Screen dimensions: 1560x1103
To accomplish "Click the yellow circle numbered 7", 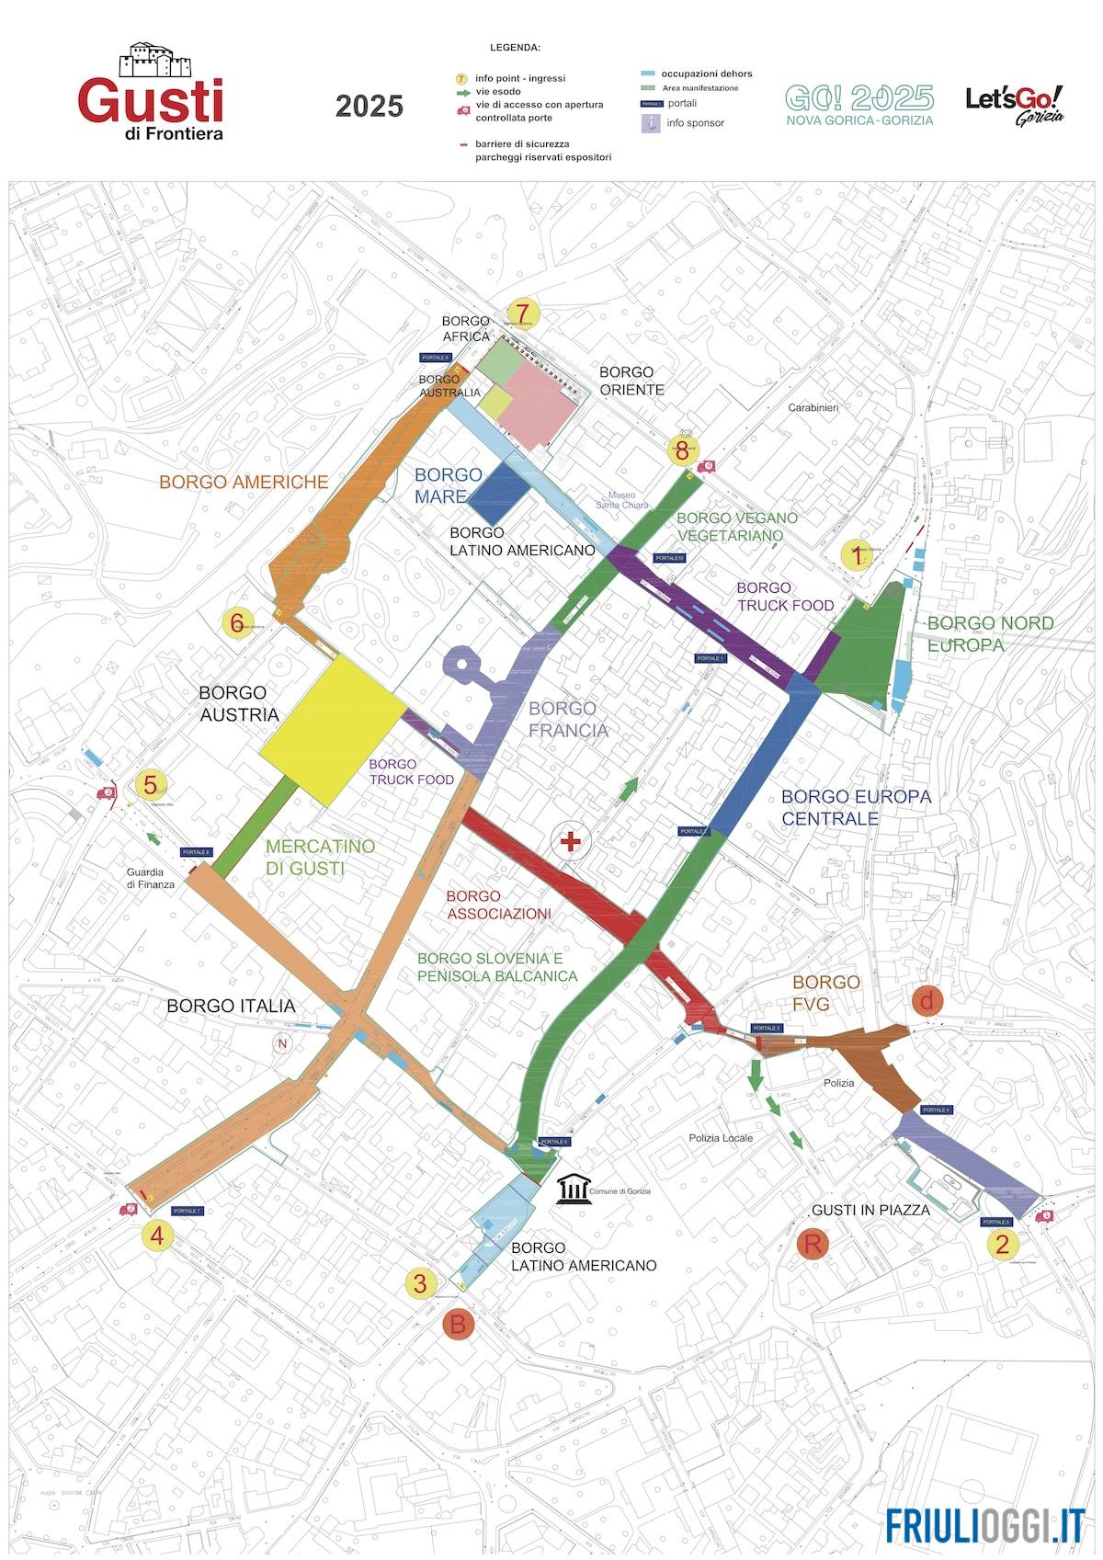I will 523,313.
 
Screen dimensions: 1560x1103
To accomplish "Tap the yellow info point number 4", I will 157,1235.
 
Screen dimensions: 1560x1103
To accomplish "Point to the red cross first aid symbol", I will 571,841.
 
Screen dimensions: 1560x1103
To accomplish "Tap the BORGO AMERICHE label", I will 244,482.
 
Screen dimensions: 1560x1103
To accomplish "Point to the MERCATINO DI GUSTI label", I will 319,857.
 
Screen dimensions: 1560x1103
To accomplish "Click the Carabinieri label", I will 813,407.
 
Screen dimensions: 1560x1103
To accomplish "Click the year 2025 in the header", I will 369,107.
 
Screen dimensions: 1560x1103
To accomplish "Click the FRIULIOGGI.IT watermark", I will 985,1524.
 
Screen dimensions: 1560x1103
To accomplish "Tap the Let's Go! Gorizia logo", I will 1015,104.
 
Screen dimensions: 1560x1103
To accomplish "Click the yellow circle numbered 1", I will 857,556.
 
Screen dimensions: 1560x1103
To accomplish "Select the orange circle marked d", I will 927,1001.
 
